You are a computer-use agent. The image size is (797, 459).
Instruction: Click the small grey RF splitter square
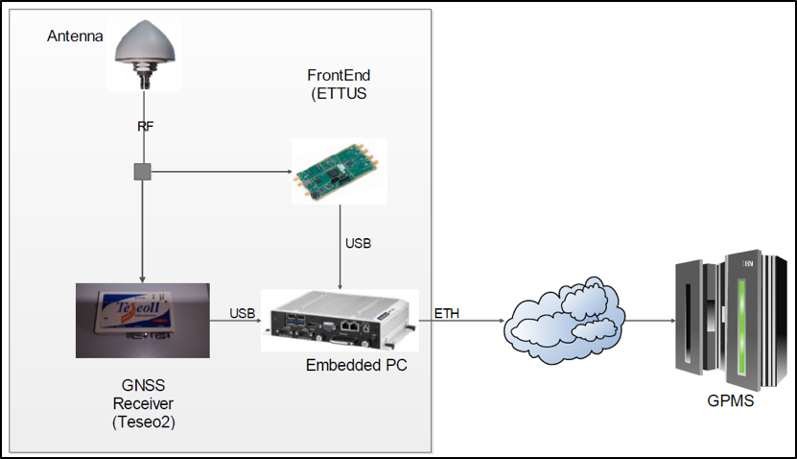coord(142,173)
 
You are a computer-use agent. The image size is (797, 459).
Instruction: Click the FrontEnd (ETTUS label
coord(339,85)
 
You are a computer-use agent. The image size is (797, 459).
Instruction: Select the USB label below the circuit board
coord(358,243)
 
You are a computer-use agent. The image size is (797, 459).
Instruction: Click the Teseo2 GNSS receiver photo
coord(143,320)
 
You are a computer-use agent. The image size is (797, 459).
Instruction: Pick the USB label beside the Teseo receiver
coord(242,313)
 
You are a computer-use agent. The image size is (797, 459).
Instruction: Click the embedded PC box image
coord(341,320)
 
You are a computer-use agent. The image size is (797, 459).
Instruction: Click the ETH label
coord(446,313)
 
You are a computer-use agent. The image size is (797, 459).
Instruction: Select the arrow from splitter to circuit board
coord(221,173)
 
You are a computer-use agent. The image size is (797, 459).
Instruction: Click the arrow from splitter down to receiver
coord(142,230)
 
